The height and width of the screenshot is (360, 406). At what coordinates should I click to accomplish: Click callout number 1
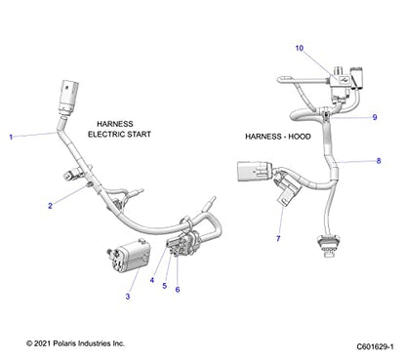coord(12,139)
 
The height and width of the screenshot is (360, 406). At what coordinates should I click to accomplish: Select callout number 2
coord(50,206)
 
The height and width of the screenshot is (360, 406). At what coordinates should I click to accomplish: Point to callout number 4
coord(151,281)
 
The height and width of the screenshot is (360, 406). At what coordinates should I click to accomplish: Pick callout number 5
coord(164,286)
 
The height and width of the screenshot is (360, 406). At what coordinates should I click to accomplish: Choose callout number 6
coord(177,290)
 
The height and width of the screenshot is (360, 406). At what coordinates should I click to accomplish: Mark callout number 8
coord(380,160)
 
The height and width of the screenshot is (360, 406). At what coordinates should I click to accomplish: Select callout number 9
coord(373,117)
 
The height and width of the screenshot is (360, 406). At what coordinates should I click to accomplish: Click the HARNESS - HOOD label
coord(278,137)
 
